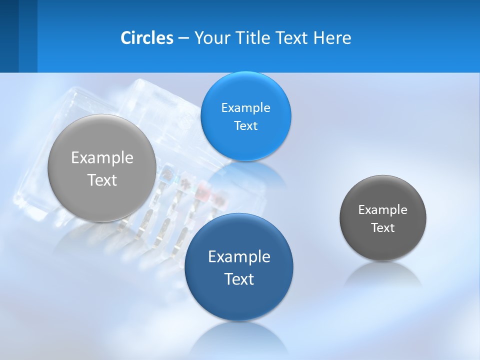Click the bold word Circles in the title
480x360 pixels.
point(147,38)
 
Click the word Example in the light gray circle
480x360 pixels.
point(102,157)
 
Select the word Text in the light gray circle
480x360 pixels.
point(102,180)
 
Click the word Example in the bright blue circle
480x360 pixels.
point(245,107)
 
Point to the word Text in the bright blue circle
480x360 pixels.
point(245,125)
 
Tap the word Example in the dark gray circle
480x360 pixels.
point(383,209)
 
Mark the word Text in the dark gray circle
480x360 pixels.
point(383,227)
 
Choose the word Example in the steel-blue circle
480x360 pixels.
point(239,256)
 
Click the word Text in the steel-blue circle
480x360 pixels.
point(239,278)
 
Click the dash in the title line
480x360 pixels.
point(183,38)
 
